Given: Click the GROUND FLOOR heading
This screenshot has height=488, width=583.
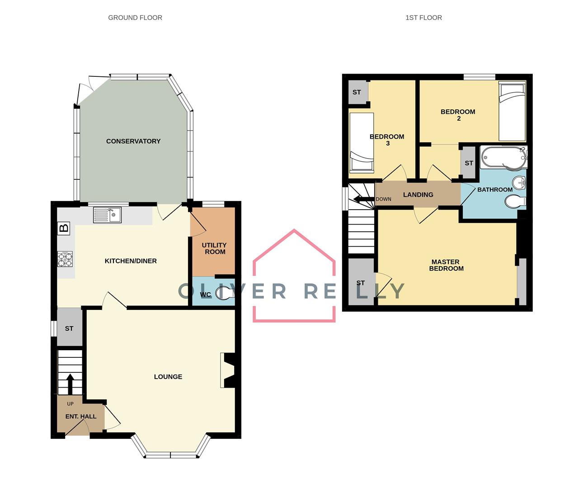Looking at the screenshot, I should pos(135,18).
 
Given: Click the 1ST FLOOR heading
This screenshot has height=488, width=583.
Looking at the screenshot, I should pos(423,18).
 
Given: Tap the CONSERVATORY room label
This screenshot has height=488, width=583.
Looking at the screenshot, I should pos(133,141).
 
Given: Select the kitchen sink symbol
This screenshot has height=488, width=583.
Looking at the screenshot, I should pos(107,215).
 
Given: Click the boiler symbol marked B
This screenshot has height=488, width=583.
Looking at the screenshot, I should pos(64,228).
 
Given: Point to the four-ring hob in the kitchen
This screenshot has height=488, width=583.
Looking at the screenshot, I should pos(65,259).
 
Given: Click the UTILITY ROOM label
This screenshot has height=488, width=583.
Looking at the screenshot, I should pos(214,249).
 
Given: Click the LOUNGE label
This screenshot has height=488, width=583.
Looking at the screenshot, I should pos(168,376).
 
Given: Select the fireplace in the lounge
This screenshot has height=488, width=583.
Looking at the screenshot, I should pos(228,370).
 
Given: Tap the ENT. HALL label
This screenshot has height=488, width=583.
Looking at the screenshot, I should pos(81,416).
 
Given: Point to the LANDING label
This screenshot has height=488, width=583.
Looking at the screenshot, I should pos(418,195).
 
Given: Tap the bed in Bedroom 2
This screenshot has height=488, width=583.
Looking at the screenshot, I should pos(512,112).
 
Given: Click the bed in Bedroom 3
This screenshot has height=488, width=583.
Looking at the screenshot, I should pos(362,142).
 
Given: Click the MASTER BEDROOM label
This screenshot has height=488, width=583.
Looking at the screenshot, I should pos(446,265).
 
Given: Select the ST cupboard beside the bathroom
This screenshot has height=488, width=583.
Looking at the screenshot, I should pos(469,163).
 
